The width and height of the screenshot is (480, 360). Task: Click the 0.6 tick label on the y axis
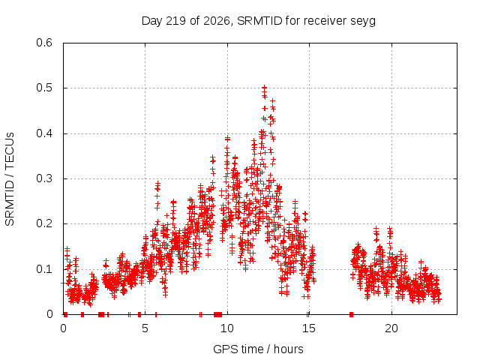pyautogui.click(x=44, y=43)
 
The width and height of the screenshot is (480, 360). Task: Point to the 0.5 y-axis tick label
pyautogui.click(x=44, y=88)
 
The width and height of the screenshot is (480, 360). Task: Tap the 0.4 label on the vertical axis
pyautogui.click(x=44, y=133)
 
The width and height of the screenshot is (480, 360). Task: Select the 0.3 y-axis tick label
pyautogui.click(x=44, y=178)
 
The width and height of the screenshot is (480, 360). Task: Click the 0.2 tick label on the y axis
pyautogui.click(x=44, y=223)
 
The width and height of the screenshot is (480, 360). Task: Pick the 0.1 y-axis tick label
pyautogui.click(x=44, y=269)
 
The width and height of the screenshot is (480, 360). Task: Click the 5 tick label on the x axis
pyautogui.click(x=145, y=328)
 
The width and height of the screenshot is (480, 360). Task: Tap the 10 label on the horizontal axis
pyautogui.click(x=227, y=328)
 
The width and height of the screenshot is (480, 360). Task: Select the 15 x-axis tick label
pyautogui.click(x=309, y=328)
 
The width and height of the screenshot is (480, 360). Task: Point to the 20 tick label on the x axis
pyautogui.click(x=391, y=328)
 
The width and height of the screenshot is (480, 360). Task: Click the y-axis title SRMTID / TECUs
pyautogui.click(x=10, y=179)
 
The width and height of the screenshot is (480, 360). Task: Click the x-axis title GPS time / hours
pyautogui.click(x=258, y=349)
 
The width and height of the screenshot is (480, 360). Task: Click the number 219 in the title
pyautogui.click(x=175, y=21)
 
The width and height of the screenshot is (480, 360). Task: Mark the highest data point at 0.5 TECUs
pyautogui.click(x=265, y=88)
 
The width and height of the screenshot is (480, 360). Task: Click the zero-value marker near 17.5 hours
pyautogui.click(x=352, y=314)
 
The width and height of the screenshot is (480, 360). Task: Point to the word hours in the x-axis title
pyautogui.click(x=288, y=349)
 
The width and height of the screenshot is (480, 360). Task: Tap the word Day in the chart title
pyautogui.click(x=152, y=21)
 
